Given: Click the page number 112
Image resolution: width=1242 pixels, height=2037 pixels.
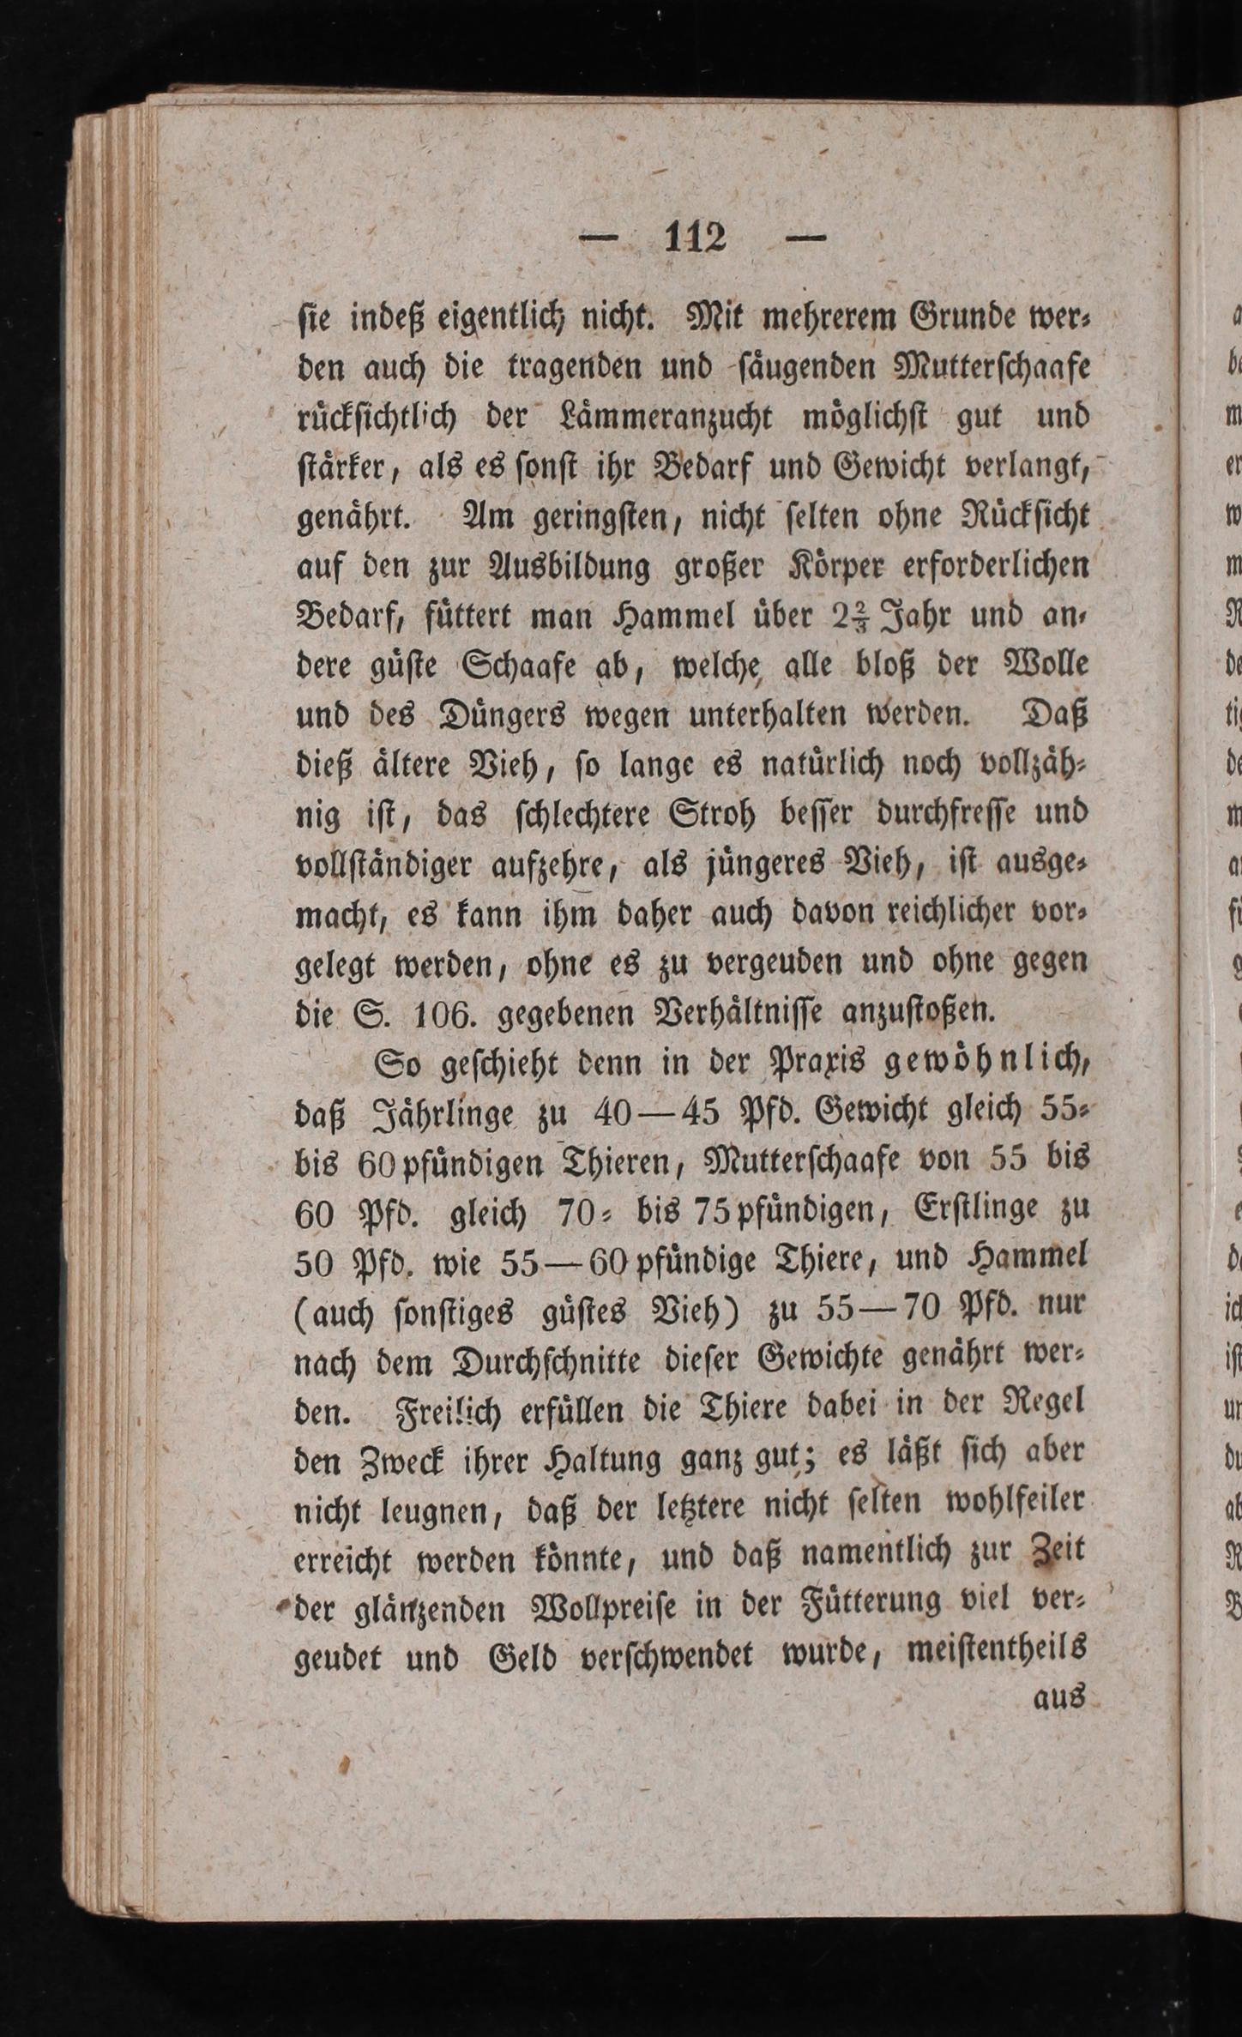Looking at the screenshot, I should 695,238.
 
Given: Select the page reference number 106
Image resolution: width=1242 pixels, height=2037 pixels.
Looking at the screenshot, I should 443,1015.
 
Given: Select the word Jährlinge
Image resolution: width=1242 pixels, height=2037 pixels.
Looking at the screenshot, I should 443,1114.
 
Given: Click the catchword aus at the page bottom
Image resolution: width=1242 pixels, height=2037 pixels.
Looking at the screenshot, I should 1059,1701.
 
